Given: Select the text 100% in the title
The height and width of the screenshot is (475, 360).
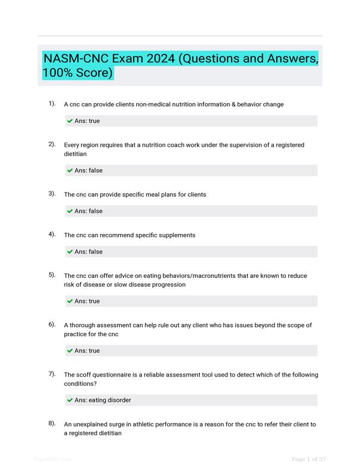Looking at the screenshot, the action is click(58, 74).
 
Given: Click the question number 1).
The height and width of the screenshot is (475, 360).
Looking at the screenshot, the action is click(52, 104).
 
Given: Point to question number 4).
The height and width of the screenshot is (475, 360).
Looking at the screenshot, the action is click(52, 235).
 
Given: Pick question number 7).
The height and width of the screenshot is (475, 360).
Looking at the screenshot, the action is click(52, 374).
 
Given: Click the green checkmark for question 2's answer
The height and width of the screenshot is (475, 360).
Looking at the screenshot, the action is click(70, 171).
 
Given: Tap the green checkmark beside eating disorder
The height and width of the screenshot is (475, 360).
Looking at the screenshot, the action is click(70, 401).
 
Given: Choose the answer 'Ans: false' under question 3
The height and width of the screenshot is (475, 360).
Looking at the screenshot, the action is click(88, 211).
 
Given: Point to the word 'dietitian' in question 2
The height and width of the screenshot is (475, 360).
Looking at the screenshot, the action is click(75, 154).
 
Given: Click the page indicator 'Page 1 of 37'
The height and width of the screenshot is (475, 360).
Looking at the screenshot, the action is click(309, 459).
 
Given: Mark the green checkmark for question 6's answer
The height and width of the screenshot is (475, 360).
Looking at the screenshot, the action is click(70, 351).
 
